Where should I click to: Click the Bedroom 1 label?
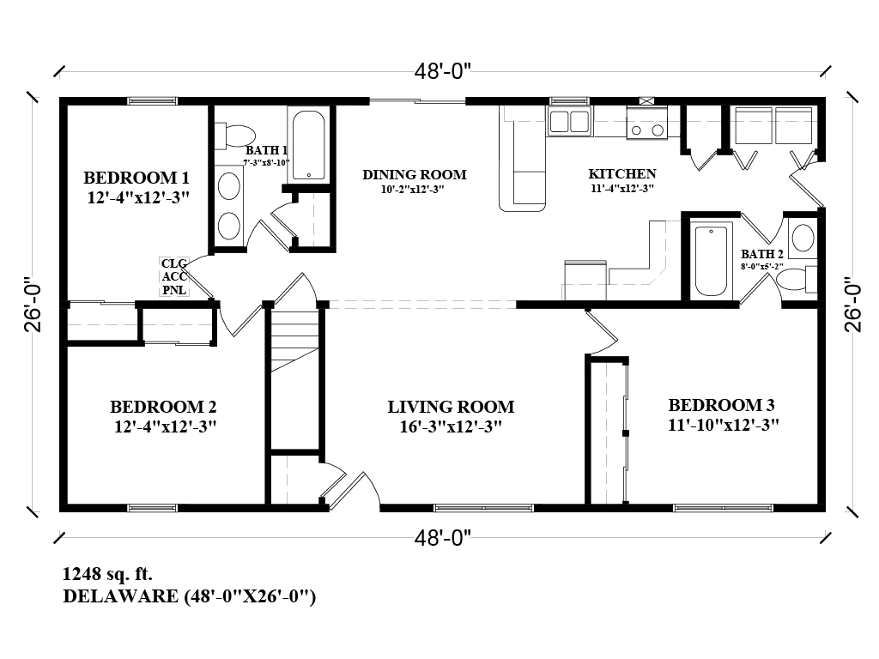(x=136, y=178)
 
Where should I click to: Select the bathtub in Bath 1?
(x=309, y=143)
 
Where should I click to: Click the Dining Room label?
(x=414, y=174)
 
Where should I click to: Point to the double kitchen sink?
(x=569, y=121)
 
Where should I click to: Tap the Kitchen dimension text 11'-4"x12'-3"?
(x=622, y=189)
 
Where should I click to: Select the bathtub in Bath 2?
(x=712, y=259)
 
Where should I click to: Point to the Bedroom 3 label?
(x=715, y=405)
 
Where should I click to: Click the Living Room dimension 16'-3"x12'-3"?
(x=450, y=426)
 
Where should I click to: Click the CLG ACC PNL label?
(x=174, y=277)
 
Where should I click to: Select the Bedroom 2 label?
(x=162, y=407)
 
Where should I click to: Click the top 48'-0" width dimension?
(x=444, y=72)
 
